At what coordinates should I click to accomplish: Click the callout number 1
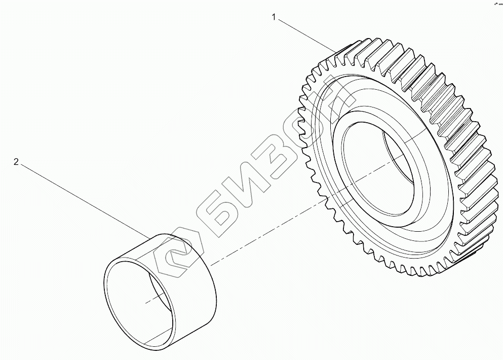(x=274, y=17)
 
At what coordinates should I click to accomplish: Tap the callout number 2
(x=16, y=162)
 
